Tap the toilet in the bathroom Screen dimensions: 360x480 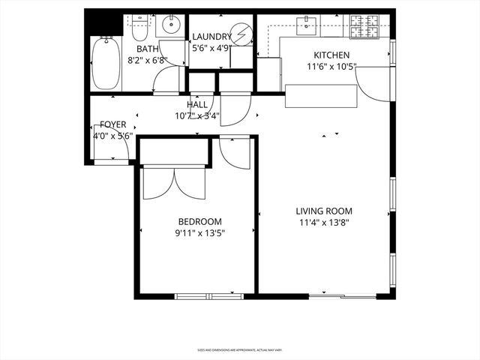point(139,31)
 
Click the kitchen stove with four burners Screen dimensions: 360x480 point(367,28)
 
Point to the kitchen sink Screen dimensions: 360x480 point(307,27)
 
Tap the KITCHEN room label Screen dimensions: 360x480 point(331,55)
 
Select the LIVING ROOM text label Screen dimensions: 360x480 point(323,211)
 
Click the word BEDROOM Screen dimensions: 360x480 point(199,220)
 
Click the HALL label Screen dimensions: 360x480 point(197,105)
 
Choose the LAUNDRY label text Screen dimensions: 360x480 point(211,37)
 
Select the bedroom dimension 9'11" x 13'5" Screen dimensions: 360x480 point(199,232)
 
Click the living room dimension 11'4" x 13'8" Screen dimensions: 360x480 point(323,223)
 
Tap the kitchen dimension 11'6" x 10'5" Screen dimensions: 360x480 point(331,67)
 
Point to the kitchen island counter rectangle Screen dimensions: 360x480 point(321,97)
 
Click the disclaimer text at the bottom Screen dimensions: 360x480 point(239,350)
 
